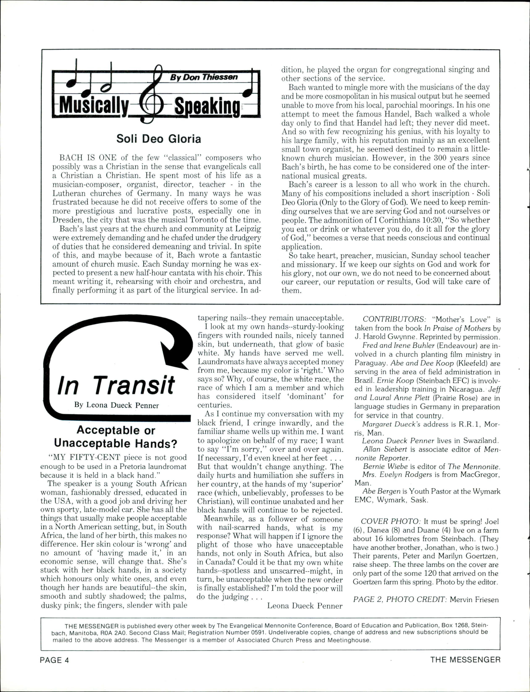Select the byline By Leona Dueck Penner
tap(116, 405)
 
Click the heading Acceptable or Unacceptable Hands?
tap(116, 437)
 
